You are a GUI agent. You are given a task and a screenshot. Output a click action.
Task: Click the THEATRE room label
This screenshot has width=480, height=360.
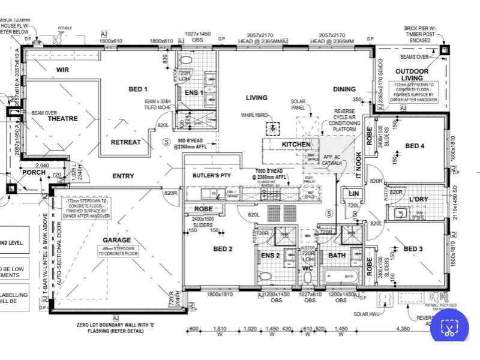coord(63,119)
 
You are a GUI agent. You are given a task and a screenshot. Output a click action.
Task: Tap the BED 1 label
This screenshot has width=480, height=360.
coord(138,89)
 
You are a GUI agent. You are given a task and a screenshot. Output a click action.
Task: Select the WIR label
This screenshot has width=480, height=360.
coord(63,70)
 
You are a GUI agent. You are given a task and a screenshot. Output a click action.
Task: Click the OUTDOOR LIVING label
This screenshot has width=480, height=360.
coord(412,74)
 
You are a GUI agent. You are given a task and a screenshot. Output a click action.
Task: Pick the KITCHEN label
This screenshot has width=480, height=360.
coord(296,145)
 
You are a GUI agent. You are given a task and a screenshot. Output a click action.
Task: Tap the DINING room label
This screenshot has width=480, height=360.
coord(344,89)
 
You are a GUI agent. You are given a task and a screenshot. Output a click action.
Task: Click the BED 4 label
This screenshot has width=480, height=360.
coord(415,146)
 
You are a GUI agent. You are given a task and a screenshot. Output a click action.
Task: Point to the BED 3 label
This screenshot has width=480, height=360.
coord(413,249)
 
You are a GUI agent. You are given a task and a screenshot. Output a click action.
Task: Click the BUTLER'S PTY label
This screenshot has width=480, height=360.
coord(212,176)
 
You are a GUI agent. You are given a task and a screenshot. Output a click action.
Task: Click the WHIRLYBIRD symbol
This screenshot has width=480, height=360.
coord(274,128)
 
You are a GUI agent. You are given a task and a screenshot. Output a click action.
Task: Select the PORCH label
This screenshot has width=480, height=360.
coord(34,173)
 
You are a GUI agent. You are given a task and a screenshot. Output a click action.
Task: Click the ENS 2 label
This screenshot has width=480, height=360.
coord(271,256)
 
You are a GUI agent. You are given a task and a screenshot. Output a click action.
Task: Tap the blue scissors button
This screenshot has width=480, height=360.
coord(449,328)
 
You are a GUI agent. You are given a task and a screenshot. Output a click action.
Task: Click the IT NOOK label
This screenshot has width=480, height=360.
coord(359,163)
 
